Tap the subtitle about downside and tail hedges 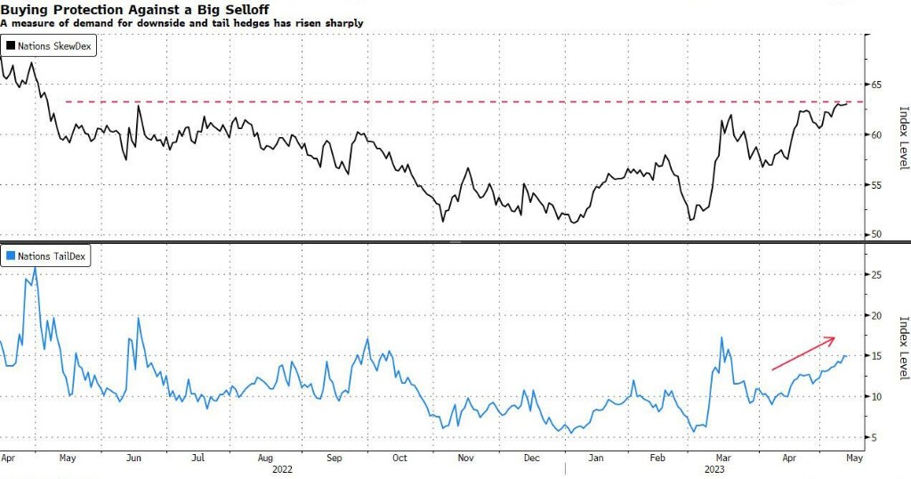tap(181, 23)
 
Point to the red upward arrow tap(802, 353)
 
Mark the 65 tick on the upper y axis tap(877, 85)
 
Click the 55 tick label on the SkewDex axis tap(877, 185)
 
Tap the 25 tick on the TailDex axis tap(877, 275)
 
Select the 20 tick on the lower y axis tap(877, 316)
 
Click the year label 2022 tap(283, 468)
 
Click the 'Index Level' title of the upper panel tap(903, 135)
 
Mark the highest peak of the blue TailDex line tap(35, 266)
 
